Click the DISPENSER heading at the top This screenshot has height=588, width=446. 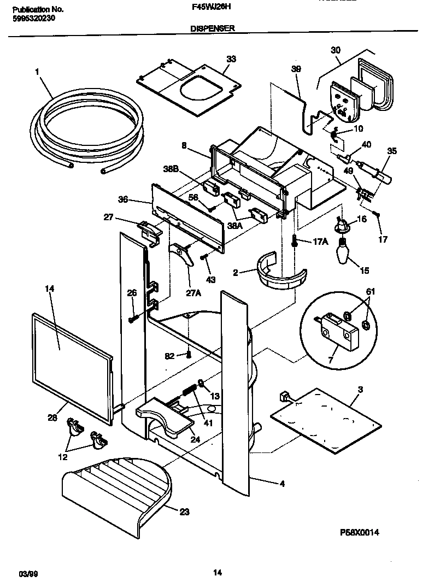(213, 28)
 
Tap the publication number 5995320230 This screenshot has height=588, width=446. (33, 18)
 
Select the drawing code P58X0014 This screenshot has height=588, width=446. (359, 532)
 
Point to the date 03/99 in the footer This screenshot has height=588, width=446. (27, 573)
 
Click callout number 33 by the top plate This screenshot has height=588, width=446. (231, 59)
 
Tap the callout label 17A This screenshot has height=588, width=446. (320, 242)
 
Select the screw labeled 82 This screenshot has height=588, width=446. (189, 355)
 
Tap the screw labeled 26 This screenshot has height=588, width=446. (132, 317)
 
